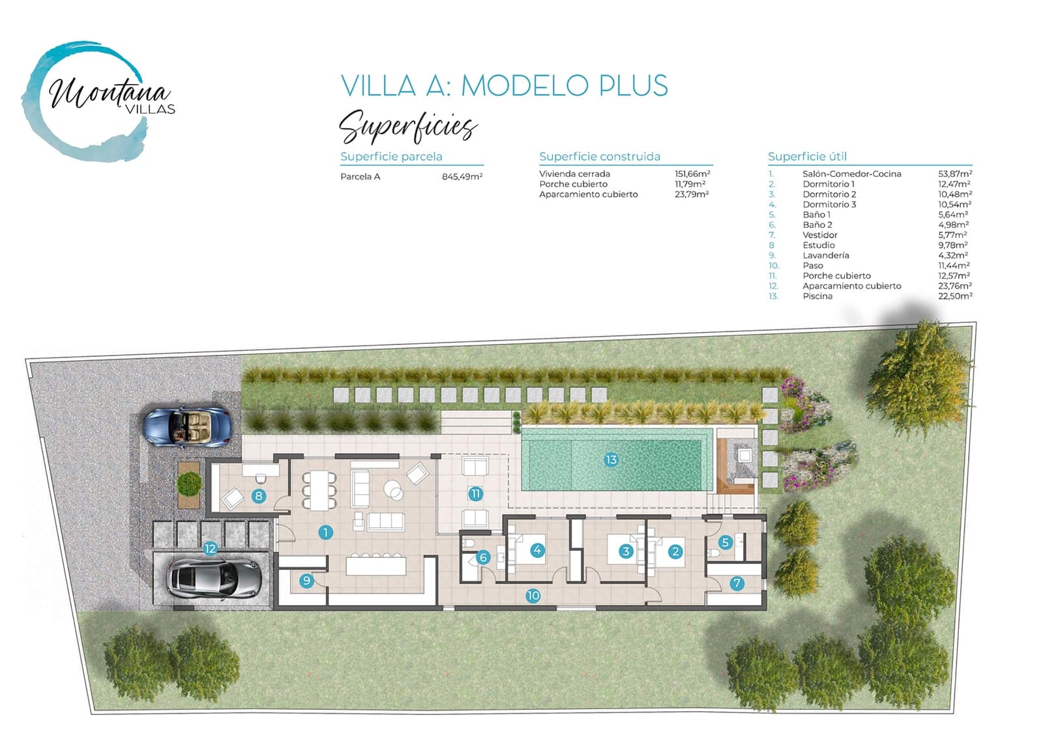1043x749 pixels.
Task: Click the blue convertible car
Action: point(187,427)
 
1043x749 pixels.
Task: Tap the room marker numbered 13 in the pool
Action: point(611,459)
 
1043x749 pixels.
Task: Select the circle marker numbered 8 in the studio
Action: point(259,496)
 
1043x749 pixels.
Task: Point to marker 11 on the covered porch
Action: point(475,493)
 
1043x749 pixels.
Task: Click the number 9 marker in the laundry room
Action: point(306,580)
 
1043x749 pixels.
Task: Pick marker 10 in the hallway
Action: point(533,595)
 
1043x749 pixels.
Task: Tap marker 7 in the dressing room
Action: point(737,583)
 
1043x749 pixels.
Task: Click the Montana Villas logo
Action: point(98,101)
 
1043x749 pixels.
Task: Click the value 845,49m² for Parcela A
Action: point(462,177)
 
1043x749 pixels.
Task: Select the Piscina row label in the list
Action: point(817,296)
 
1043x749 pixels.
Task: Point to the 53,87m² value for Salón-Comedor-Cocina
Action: point(955,174)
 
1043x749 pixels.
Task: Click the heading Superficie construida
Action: point(599,157)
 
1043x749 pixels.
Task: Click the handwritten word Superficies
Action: point(408,126)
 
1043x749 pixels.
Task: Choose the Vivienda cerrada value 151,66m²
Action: point(692,174)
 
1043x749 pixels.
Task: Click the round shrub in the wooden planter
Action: point(189,484)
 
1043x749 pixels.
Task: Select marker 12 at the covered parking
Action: point(210,549)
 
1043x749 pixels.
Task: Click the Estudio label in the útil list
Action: point(819,245)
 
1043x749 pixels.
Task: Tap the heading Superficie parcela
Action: point(391,157)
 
